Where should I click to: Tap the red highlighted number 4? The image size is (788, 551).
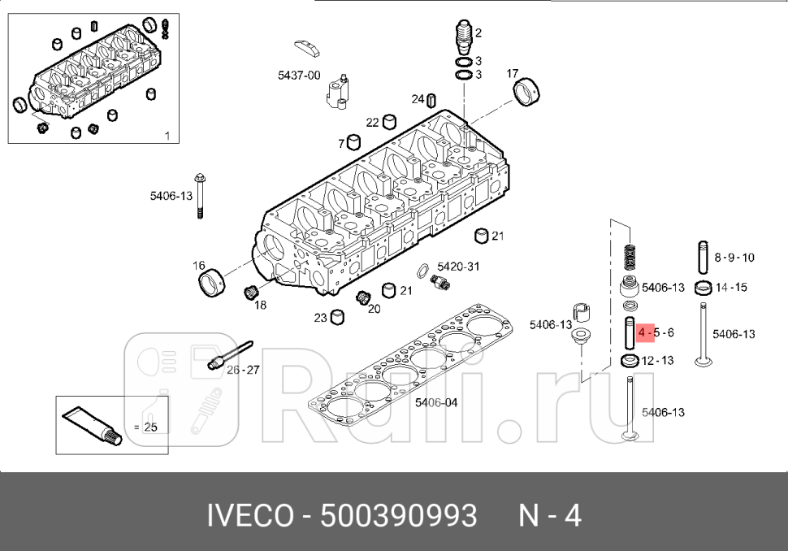point(642,333)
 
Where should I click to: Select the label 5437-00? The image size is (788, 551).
point(299,75)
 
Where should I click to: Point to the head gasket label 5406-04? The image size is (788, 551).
point(436,402)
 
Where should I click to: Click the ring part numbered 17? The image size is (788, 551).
point(529,92)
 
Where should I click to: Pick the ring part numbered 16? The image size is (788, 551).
point(213,283)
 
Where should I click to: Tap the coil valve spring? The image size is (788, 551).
point(627,259)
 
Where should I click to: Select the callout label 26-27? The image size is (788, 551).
point(243,369)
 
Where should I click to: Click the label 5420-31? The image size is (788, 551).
point(458,266)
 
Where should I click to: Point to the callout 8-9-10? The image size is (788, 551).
point(734,258)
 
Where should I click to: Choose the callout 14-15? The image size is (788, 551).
point(731,287)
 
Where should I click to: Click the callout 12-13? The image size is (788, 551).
point(657,360)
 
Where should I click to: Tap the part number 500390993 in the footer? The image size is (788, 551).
point(399,515)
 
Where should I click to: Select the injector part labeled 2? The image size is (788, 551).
point(463,37)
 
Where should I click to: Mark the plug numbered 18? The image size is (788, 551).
point(251,292)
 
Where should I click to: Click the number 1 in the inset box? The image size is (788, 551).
point(167,136)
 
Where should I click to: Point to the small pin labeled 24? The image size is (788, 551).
point(432,100)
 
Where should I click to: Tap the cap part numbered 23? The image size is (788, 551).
point(337,317)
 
